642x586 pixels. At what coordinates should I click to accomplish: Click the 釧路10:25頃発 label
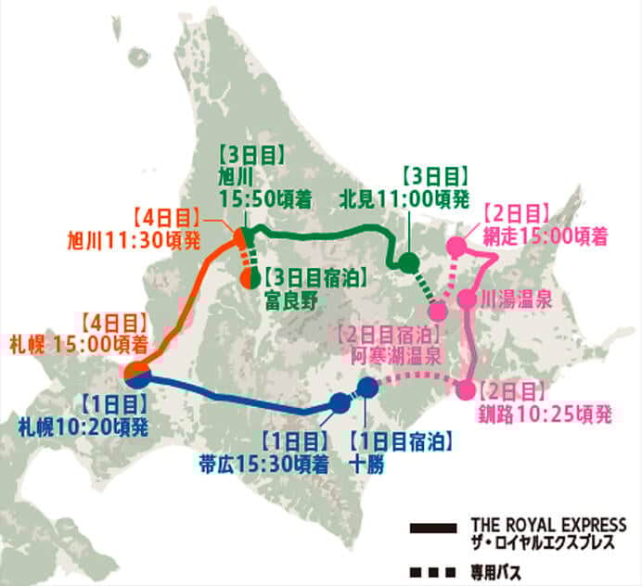pyautogui.click(x=545, y=414)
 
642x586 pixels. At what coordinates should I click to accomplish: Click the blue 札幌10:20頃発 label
pyautogui.click(x=83, y=427)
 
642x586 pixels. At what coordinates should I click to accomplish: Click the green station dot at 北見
pyautogui.click(x=409, y=262)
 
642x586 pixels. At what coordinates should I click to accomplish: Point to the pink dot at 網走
pyautogui.click(x=456, y=247)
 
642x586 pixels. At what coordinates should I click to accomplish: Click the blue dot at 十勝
pyautogui.click(x=368, y=388)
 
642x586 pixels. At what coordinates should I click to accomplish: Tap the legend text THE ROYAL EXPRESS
pyautogui.click(x=548, y=525)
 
